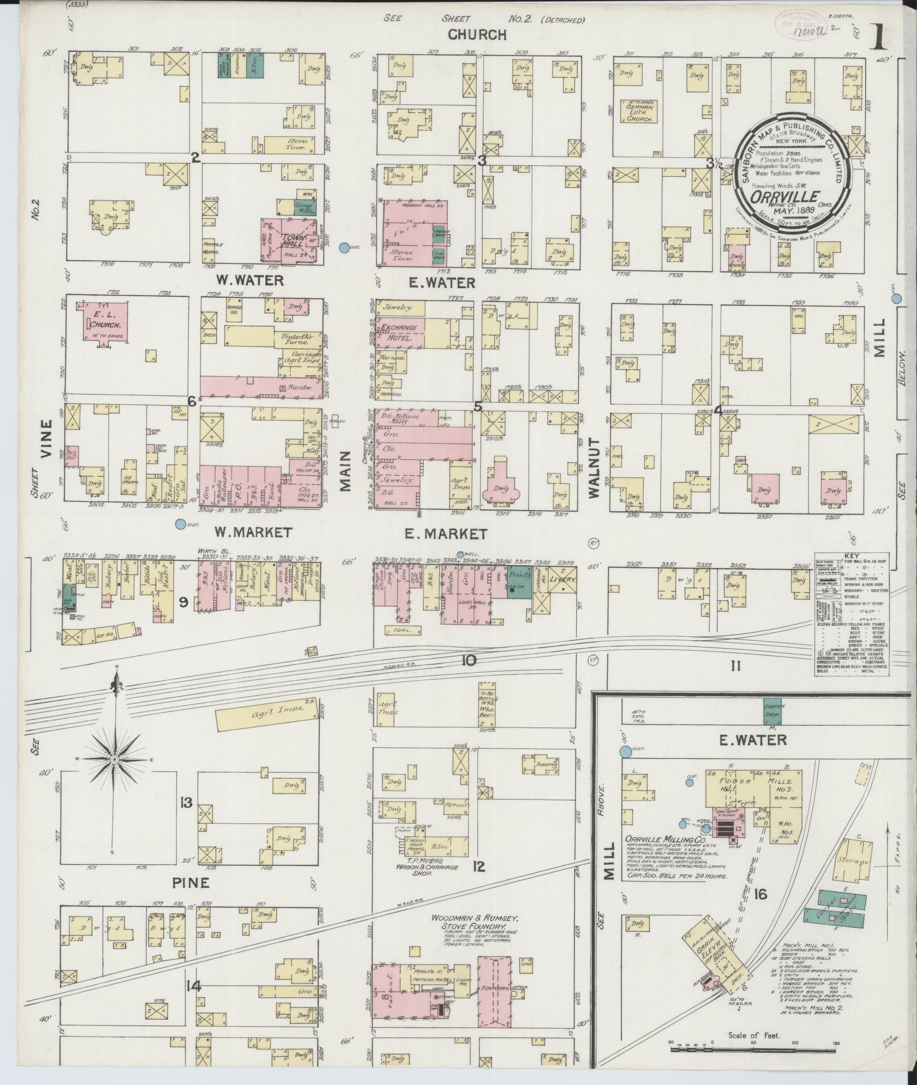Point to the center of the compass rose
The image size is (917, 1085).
pos(114,760)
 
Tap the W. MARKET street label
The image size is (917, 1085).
pos(253,532)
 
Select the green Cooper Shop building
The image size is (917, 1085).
pos(771,712)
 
